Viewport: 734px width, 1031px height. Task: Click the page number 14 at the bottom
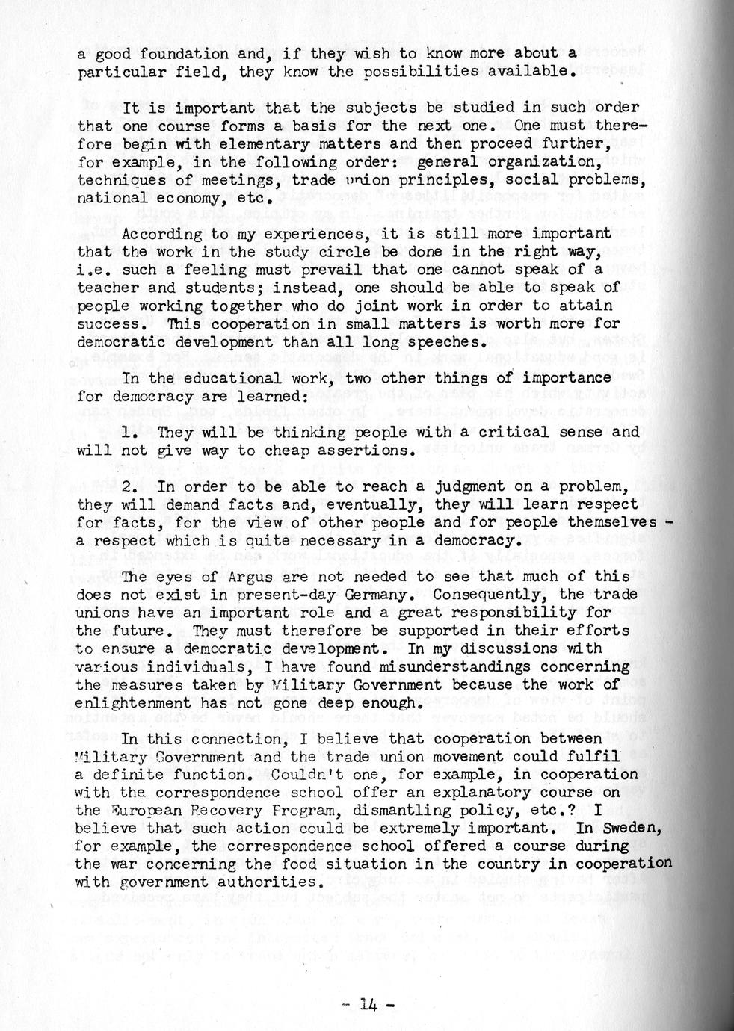pyautogui.click(x=368, y=1004)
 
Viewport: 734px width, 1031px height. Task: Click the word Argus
pyautogui.click(x=212, y=576)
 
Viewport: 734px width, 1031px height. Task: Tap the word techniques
pyautogui.click(x=122, y=180)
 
